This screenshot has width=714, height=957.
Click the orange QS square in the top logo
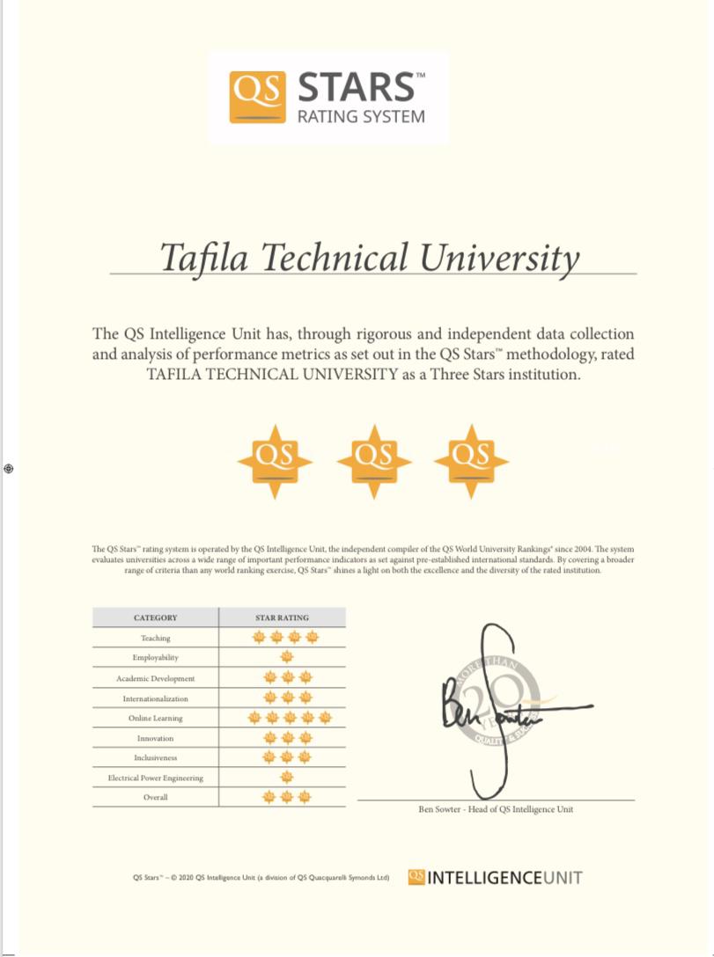click(259, 97)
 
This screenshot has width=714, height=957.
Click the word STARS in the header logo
click(356, 88)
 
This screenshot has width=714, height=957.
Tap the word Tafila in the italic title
click(204, 257)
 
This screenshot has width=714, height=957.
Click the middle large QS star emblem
click(374, 460)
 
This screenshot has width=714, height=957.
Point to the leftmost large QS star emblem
click(276, 460)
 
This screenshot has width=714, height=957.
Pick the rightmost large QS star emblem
click(472, 460)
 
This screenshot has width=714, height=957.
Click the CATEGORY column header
click(155, 617)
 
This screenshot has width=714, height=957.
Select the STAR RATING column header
click(282, 617)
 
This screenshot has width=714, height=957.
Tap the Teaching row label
click(155, 638)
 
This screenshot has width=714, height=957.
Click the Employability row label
click(155, 658)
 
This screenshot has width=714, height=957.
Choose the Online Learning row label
click(155, 719)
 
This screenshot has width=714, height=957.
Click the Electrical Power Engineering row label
click(155, 778)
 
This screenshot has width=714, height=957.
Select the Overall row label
click(155, 798)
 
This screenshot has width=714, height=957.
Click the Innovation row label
click(155, 739)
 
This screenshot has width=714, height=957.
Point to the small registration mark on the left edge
click(8, 469)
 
